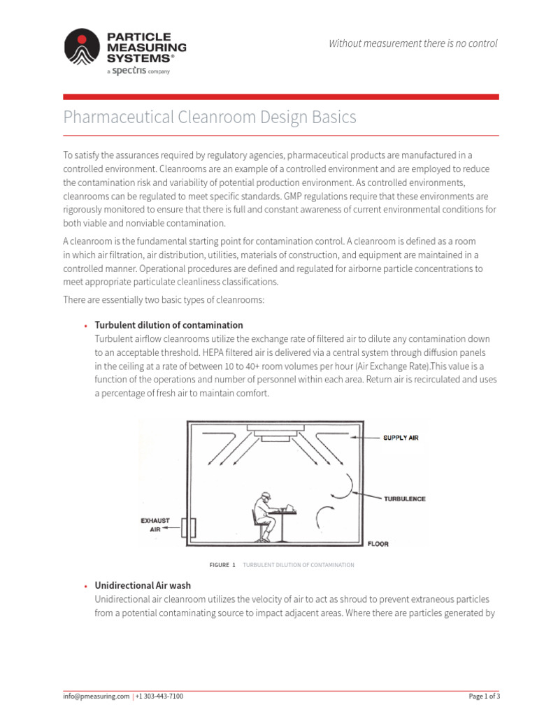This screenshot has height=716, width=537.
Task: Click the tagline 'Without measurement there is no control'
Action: click(x=413, y=43)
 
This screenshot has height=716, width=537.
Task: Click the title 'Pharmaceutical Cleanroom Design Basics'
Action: click(x=210, y=117)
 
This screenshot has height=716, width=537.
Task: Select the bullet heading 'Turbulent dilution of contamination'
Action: click(x=169, y=325)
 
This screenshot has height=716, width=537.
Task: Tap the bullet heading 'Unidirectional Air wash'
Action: click(x=143, y=585)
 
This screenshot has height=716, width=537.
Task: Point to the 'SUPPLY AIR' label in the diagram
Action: click(x=400, y=438)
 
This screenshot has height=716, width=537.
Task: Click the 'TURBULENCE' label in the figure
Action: click(x=404, y=499)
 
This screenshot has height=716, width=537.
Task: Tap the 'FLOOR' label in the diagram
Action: click(x=378, y=543)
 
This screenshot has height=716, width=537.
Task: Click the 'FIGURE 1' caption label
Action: click(x=222, y=565)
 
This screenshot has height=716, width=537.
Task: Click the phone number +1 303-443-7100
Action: click(x=159, y=696)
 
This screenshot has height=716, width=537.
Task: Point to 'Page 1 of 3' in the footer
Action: click(x=484, y=696)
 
